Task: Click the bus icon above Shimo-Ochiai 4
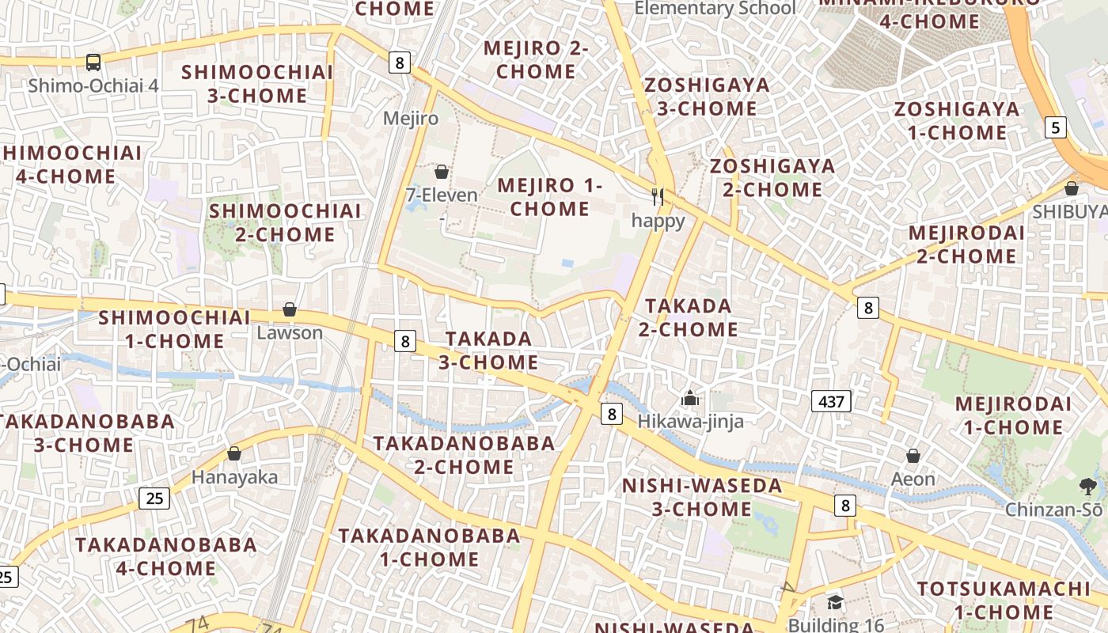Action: click(93, 62)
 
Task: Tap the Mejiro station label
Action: click(410, 119)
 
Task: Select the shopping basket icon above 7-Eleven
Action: click(442, 172)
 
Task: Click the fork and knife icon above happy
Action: click(657, 196)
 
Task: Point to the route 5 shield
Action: click(1055, 127)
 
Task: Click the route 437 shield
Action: click(830, 401)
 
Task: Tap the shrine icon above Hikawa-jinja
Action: click(690, 398)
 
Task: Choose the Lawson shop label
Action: click(290, 332)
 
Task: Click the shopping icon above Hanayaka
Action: click(234, 453)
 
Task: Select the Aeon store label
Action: click(913, 479)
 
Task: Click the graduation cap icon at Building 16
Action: click(835, 604)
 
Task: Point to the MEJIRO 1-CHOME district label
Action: click(550, 198)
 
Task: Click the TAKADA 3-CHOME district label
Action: click(488, 351)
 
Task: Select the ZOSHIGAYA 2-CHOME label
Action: click(772, 178)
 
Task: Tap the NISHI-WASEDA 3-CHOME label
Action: click(702, 497)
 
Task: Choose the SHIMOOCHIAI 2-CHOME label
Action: click(285, 222)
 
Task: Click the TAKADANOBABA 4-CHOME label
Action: click(166, 556)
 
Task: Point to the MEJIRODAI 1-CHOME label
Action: click(1008, 415)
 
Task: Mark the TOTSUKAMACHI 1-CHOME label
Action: click(1004, 601)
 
